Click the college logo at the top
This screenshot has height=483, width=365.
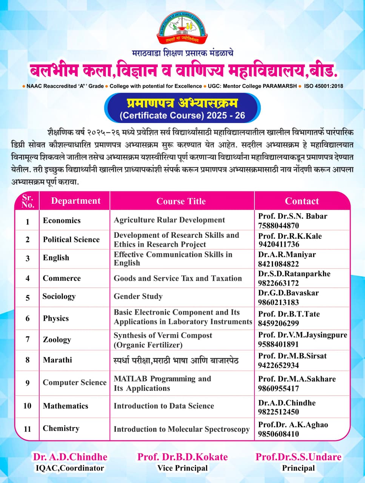[183, 28]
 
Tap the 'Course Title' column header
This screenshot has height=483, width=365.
[181, 201]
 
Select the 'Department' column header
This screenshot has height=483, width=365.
[76, 201]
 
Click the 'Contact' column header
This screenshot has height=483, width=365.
[302, 201]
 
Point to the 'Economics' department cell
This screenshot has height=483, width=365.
[62, 220]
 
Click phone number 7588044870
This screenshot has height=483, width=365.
[279, 226]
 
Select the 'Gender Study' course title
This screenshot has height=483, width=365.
[138, 297]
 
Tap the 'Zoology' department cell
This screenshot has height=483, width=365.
[57, 340]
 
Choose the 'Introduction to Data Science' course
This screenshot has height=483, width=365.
[164, 406]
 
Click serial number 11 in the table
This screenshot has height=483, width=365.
[27, 429]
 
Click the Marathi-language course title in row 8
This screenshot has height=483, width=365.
[176, 360]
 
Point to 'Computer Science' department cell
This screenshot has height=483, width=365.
[75, 383]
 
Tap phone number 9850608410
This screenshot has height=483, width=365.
[279, 434]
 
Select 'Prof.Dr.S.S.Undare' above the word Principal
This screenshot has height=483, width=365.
[299, 457]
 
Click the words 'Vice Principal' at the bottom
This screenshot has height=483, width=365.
[182, 468]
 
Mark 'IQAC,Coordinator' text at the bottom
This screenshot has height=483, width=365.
[70, 468]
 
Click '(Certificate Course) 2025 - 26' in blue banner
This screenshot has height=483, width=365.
[182, 115]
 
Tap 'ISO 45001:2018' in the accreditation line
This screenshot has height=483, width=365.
[323, 86]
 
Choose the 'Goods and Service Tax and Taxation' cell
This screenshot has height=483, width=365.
[178, 278]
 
